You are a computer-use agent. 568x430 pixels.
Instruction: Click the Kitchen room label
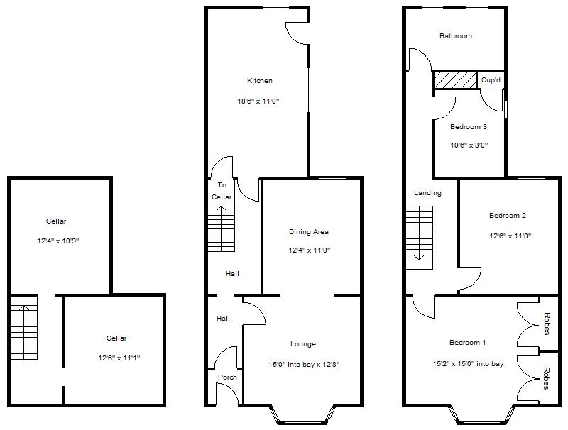pyautogui.click(x=259, y=81)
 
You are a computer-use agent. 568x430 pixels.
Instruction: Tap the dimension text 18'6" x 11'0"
pyautogui.click(x=258, y=101)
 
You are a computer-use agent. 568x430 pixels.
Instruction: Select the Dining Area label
pyautogui.click(x=309, y=232)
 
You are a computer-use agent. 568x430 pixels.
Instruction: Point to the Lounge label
pyautogui.click(x=303, y=344)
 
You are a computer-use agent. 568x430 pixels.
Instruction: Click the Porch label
pyautogui.click(x=227, y=377)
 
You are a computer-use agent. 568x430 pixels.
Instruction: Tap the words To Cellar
pyautogui.click(x=222, y=191)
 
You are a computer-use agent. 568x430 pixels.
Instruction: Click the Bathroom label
pyautogui.click(x=455, y=36)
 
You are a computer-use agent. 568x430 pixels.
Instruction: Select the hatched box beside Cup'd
pyautogui.click(x=455, y=80)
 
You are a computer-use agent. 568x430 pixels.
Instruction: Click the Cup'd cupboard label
pyautogui.click(x=491, y=80)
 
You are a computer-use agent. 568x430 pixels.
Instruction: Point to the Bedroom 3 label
pyautogui.click(x=469, y=127)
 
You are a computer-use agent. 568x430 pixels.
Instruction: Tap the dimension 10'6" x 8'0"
pyautogui.click(x=469, y=145)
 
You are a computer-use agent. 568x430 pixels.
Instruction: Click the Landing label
pyautogui.click(x=427, y=193)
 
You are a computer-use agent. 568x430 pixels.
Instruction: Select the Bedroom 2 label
pyautogui.click(x=508, y=215)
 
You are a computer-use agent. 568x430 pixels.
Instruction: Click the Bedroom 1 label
pyautogui.click(x=468, y=343)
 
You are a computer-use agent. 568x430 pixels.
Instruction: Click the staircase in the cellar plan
pyautogui.click(x=24, y=331)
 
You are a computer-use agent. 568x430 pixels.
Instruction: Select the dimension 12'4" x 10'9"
pyautogui.click(x=58, y=241)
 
